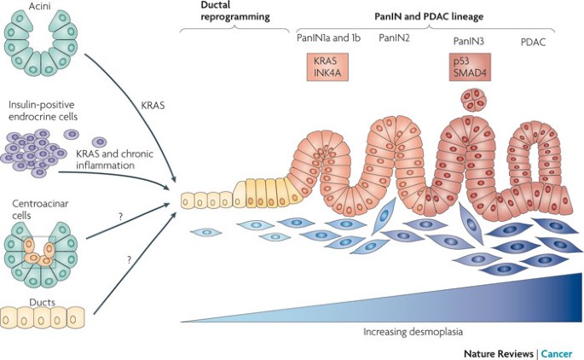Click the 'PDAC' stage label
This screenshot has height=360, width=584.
(x=533, y=41)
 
